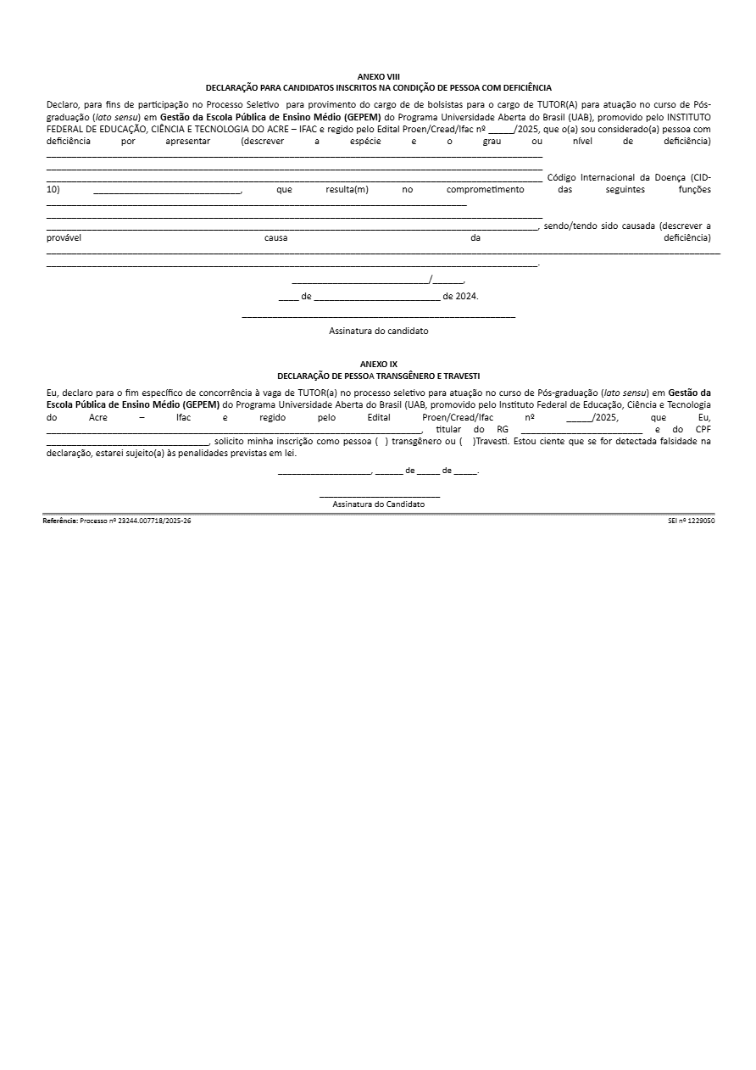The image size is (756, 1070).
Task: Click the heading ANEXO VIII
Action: [378, 76]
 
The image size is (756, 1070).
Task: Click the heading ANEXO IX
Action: [378, 364]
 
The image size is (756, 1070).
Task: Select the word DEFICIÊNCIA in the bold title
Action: [525, 87]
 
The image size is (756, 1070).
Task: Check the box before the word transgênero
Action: [381, 442]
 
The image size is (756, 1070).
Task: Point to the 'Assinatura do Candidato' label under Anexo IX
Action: [378, 504]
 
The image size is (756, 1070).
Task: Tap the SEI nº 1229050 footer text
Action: [691, 521]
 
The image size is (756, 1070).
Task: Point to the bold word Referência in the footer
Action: [60, 521]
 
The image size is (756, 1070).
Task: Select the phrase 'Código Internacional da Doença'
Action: [612, 177]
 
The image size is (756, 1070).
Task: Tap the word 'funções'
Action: [694, 189]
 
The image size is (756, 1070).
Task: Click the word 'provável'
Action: [64, 237]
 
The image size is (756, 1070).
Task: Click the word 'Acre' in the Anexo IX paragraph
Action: [97, 418]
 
